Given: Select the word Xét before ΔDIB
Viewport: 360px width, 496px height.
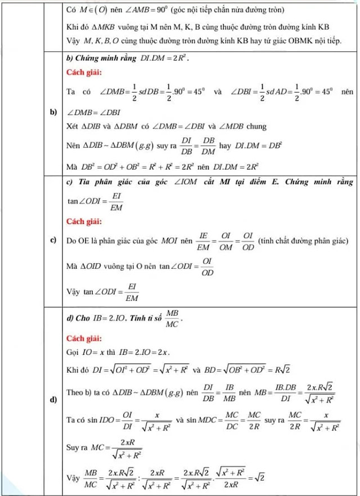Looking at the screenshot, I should (73, 127).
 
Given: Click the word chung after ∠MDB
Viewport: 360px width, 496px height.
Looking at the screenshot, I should (256, 127).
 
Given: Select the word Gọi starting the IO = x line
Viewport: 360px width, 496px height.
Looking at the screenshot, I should (73, 352).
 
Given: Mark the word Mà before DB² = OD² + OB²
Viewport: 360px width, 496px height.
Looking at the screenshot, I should (71, 166).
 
